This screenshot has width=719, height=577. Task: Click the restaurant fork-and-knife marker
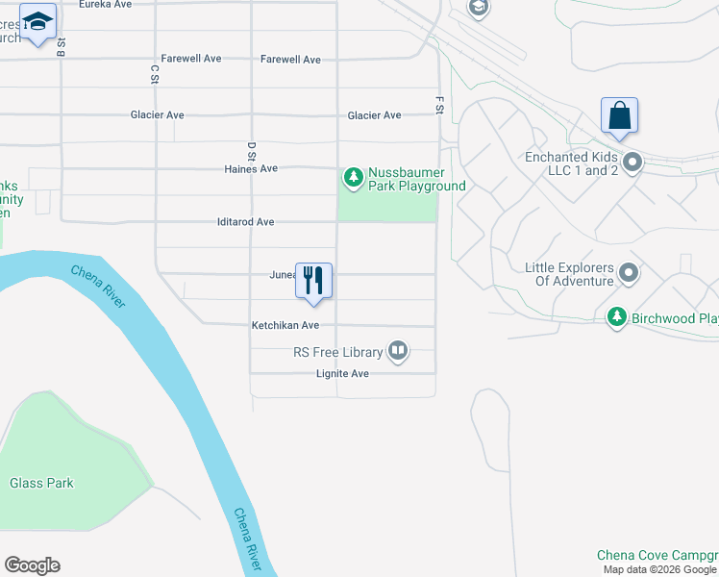click(313, 280)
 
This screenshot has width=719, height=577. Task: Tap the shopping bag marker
click(620, 115)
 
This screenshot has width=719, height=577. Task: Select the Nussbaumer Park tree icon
click(354, 177)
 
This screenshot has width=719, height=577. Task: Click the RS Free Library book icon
click(398, 352)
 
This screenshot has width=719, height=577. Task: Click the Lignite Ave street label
click(342, 374)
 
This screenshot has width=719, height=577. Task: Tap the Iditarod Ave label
click(246, 222)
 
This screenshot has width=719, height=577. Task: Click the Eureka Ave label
click(106, 5)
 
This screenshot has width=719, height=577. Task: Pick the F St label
click(439, 103)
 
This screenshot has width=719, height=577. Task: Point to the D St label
click(252, 150)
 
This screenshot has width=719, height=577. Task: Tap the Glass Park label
click(42, 484)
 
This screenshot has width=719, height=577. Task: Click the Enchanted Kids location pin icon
click(632, 163)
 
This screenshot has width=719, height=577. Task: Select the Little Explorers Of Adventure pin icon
click(629, 273)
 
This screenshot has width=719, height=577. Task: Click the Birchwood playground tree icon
click(617, 317)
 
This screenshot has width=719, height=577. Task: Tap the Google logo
click(32, 565)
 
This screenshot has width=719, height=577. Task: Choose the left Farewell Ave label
click(191, 59)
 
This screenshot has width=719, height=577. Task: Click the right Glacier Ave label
click(374, 115)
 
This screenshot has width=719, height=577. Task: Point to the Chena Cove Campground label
click(657, 555)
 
